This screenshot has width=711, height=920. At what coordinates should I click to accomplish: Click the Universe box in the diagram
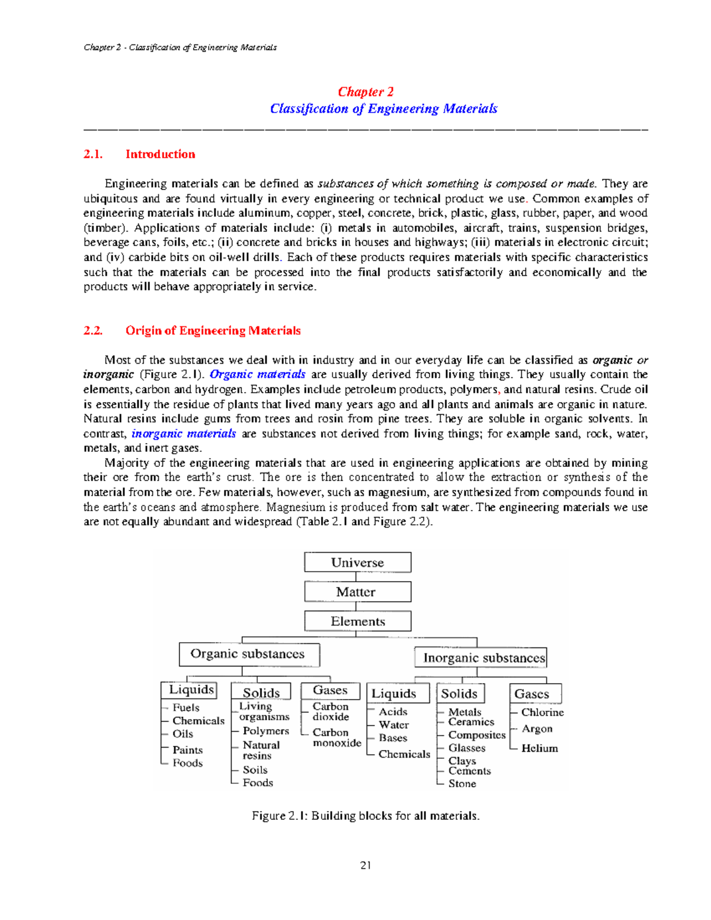(x=357, y=562)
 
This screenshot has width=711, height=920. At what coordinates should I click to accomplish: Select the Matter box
(x=357, y=592)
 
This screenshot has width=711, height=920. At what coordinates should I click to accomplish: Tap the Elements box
(x=357, y=621)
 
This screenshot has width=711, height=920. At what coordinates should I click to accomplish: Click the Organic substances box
(x=249, y=654)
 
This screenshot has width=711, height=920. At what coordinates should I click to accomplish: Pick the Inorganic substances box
(x=481, y=658)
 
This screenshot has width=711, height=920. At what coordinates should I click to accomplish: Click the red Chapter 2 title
(x=366, y=92)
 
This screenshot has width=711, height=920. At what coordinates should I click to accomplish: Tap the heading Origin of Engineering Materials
(x=213, y=331)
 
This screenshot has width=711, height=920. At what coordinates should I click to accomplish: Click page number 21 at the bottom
(x=366, y=865)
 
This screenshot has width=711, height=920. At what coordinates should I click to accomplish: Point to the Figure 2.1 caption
(x=366, y=816)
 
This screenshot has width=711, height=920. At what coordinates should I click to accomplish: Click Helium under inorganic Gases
(x=539, y=748)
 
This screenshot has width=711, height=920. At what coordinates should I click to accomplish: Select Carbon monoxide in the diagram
(x=335, y=738)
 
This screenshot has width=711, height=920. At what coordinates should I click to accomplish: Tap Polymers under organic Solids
(x=265, y=731)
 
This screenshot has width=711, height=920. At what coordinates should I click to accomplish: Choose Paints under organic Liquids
(x=187, y=749)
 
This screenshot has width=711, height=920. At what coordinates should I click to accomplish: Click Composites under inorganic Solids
(x=476, y=735)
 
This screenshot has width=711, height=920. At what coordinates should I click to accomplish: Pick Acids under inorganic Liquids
(x=393, y=711)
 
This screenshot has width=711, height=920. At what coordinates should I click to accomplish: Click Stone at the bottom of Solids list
(x=462, y=783)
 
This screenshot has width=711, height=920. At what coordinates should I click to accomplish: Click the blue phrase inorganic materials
(x=184, y=434)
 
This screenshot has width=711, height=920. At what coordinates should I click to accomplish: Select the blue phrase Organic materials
(x=257, y=374)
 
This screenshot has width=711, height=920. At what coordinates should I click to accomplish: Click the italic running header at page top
(x=180, y=47)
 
